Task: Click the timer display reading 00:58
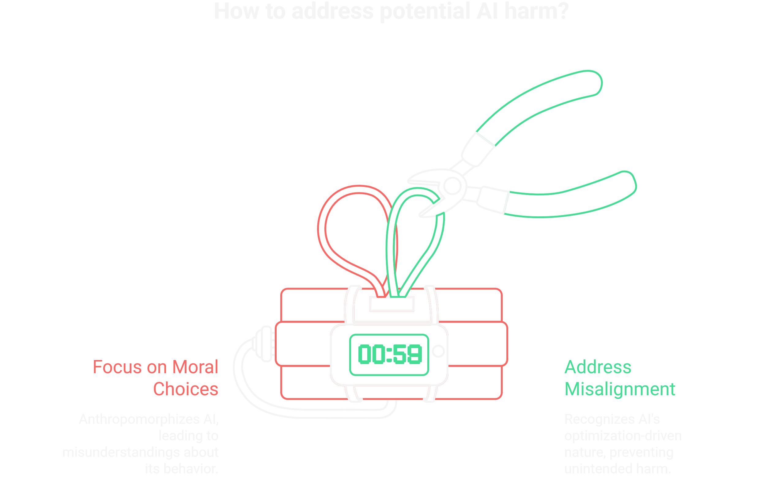389,355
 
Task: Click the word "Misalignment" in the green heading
620,389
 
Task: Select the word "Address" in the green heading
598,367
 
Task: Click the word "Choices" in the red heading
186,389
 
